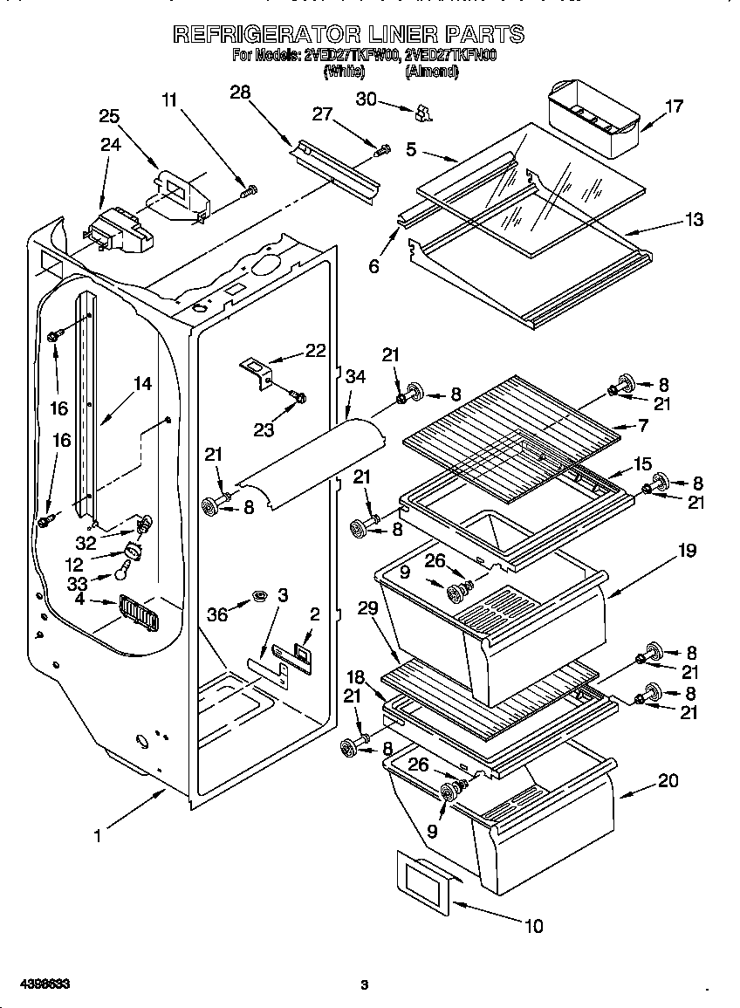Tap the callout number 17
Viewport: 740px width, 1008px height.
[x=674, y=106]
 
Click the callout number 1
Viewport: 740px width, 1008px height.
[x=98, y=835]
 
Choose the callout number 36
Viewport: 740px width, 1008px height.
[x=216, y=614]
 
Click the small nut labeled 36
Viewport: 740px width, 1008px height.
[x=258, y=595]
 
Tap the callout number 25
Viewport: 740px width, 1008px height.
[x=109, y=116]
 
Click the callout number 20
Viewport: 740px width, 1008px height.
[x=668, y=781]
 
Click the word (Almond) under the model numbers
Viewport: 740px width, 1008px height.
[x=431, y=72]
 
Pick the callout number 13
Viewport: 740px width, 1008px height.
[x=694, y=219]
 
